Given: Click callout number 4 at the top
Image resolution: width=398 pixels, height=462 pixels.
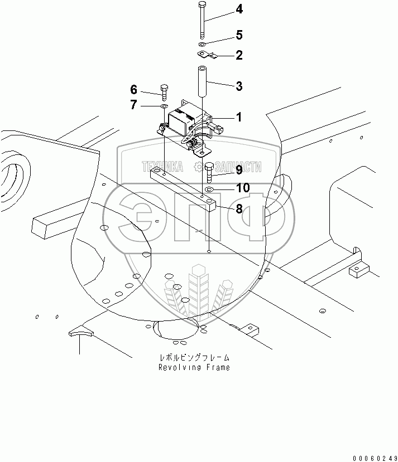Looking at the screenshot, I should tap(239, 9).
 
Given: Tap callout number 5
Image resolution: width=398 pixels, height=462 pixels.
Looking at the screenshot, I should tap(239, 35).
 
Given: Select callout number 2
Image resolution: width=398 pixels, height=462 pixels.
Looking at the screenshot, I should tap(239, 55).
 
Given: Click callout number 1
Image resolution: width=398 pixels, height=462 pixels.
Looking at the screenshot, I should tap(238, 118).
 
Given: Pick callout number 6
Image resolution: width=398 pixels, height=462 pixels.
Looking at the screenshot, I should tap(133, 89).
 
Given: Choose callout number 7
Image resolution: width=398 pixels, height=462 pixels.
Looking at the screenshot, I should tap(133, 104).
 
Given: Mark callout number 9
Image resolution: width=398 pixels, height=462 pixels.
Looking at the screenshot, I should tap(238, 169).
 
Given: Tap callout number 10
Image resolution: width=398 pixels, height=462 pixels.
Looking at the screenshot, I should tap(242, 188).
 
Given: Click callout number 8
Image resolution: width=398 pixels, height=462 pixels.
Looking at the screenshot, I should tap(238, 209).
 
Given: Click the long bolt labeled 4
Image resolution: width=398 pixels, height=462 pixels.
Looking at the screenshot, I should tap(202, 22).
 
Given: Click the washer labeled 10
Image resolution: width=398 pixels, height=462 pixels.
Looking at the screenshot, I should tap(209, 191).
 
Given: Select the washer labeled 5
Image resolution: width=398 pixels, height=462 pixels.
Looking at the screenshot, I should tap(203, 43).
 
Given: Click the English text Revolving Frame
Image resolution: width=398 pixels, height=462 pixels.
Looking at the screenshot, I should tap(194, 367).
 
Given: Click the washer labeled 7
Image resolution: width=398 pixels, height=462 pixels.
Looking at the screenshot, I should tap(164, 105).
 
